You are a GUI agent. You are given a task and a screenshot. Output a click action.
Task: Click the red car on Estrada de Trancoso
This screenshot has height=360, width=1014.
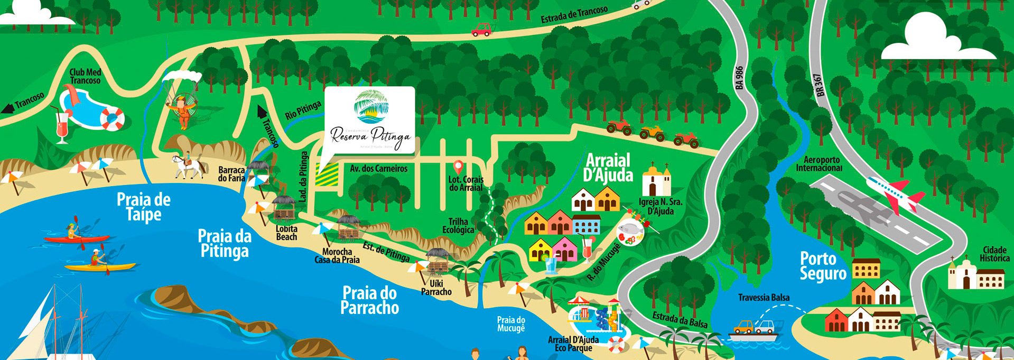(481, 30)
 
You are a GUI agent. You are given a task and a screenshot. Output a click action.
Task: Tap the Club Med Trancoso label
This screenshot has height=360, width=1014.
(85, 77)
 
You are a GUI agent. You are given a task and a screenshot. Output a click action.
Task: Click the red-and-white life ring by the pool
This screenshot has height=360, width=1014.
(112, 118)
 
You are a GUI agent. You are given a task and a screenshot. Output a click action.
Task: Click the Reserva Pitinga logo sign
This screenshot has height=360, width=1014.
(369, 121)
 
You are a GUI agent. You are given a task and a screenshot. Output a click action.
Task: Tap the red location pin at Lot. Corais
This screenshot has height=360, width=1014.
(458, 168)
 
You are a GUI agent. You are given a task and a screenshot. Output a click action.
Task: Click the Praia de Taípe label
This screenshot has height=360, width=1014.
(143, 207)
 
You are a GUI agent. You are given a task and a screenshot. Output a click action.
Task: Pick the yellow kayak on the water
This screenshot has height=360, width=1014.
(100, 266)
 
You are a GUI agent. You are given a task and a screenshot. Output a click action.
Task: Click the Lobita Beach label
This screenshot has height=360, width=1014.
(286, 233)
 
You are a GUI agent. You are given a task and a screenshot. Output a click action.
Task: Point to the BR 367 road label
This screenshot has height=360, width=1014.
(820, 85)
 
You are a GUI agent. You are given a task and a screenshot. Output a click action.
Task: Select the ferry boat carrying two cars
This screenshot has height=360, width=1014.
(753, 330)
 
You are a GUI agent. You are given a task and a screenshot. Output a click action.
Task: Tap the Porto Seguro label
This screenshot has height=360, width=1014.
(823, 266)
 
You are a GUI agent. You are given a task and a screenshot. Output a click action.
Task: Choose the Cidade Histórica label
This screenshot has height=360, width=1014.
(994, 254)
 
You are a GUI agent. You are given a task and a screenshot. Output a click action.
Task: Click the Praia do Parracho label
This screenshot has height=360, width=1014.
(369, 300)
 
